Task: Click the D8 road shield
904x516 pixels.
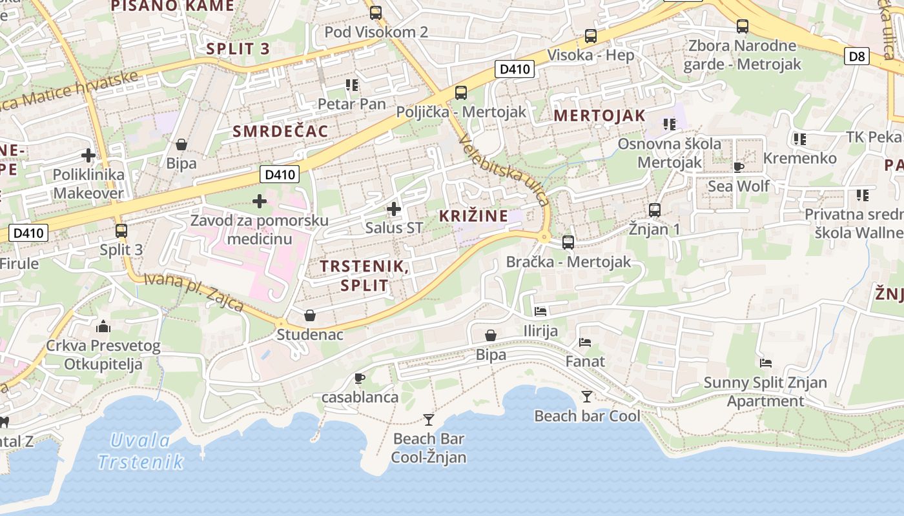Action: pos(856,56)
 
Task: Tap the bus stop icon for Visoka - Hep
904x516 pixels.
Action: pos(590,36)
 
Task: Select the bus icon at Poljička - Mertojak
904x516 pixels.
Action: pos(460,92)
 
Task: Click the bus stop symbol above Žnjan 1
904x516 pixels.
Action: pos(654,210)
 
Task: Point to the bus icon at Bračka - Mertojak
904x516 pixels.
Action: pos(568,243)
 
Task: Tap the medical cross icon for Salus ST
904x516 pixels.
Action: pos(393,209)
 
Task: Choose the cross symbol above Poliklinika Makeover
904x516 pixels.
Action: pos(88,155)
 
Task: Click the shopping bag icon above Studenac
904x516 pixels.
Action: pos(310,315)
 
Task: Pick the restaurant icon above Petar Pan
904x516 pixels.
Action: pos(351,84)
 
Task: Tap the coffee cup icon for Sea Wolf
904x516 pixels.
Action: pos(739,168)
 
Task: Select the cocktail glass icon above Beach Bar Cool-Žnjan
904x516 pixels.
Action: pos(429,420)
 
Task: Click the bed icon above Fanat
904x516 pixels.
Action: pos(585,342)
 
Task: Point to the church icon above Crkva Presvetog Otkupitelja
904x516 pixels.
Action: pos(103,326)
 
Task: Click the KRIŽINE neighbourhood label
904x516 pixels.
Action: pos(473,216)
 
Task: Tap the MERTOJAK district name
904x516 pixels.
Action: pos(599,115)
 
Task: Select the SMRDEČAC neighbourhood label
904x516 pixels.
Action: pos(280,132)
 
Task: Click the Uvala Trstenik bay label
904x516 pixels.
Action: pos(141,451)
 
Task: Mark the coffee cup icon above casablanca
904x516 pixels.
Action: pos(360,378)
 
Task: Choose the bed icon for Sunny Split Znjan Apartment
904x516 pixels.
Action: pos(765,363)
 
